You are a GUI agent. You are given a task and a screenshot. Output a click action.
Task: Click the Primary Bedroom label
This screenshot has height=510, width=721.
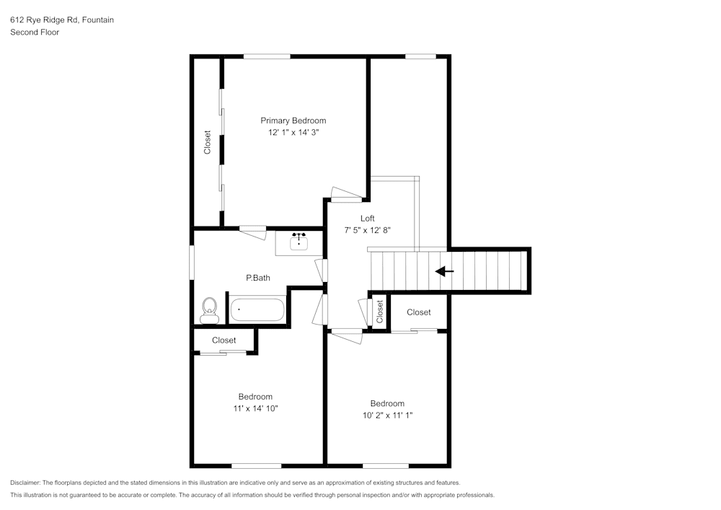coord(293,120)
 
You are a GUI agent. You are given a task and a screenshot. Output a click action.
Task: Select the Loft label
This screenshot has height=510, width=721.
coord(368,219)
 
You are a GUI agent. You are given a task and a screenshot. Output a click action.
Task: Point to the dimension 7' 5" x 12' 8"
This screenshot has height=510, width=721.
coord(368,231)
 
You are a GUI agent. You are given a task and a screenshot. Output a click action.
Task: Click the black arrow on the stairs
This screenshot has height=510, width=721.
coord(445,272)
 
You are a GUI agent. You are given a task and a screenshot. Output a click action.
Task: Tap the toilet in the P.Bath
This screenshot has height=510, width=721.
coord(209,309)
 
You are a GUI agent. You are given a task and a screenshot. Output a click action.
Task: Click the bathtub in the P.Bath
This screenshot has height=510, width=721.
coord(257,310)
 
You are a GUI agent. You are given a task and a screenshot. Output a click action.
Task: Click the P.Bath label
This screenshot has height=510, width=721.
coord(258,278)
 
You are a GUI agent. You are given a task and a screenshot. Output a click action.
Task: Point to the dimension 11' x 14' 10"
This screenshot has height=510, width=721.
coord(255,409)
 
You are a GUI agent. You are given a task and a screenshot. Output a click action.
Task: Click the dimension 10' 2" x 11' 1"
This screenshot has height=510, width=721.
coord(387,416)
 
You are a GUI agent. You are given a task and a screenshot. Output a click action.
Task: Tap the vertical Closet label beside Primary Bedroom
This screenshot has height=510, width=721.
coord(208,142)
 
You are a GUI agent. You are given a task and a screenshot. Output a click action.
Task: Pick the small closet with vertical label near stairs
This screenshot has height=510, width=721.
coord(379,311)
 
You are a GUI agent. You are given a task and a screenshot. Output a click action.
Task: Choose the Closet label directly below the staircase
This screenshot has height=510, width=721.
coord(418,312)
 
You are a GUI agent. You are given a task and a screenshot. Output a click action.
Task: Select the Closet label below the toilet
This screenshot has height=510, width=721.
coord(224,340)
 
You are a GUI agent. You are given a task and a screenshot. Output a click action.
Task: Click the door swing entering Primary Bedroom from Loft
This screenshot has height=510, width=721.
coord(344,193)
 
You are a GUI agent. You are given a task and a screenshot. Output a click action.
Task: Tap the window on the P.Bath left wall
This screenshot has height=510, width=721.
coord(192,263)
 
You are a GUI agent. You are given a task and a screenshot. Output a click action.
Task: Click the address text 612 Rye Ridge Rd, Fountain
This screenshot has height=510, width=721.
coord(62,20)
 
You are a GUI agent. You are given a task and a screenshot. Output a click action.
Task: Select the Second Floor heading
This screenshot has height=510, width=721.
coord(35,32)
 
